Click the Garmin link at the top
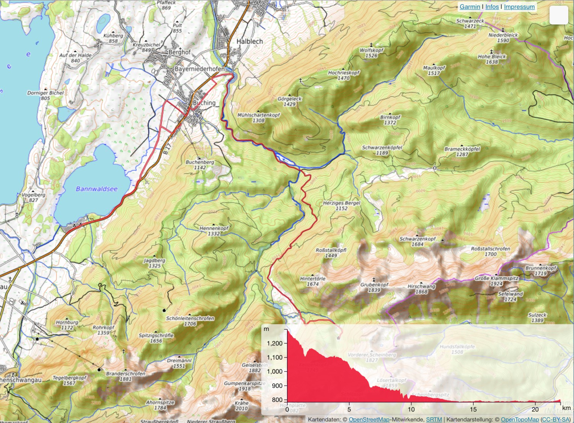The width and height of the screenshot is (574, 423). (470, 7)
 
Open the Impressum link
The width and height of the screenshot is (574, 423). (519, 7)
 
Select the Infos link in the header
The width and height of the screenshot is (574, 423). (492, 7)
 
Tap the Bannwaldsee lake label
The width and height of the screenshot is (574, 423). (96, 189)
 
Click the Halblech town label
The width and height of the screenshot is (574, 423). (249, 41)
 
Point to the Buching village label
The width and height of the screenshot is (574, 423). (204, 103)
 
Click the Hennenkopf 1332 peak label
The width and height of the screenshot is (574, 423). (214, 231)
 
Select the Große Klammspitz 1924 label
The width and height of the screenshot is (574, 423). (496, 281)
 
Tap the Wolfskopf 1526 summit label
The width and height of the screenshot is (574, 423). (371, 53)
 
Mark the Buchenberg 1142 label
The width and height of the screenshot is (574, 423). (200, 164)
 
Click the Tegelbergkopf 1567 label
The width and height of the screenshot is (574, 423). (69, 380)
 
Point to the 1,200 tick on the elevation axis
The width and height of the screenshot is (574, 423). (275, 343)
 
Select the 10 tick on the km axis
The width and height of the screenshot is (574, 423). (411, 409)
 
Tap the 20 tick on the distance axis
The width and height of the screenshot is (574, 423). (535, 409)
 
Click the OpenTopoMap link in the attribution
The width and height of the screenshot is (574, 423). (519, 420)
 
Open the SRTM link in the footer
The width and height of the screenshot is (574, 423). (434, 420)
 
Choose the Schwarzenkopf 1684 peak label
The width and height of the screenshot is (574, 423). (417, 241)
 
